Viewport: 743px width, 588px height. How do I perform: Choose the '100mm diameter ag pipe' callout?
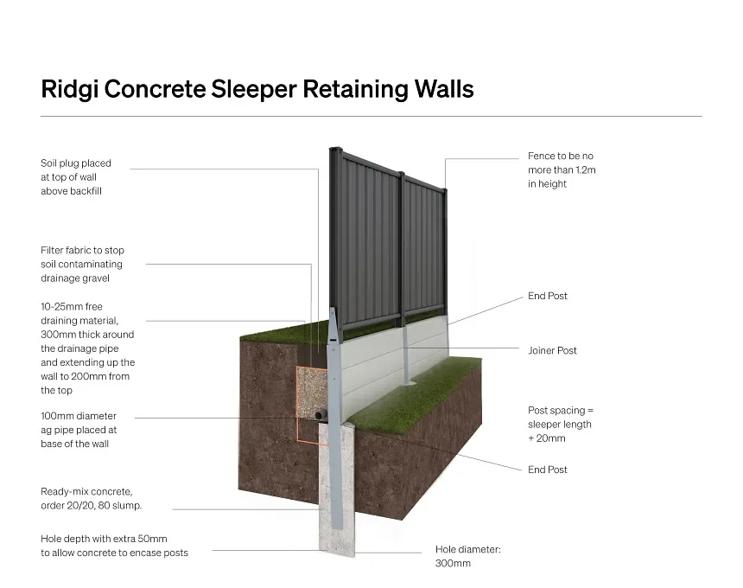[79, 430]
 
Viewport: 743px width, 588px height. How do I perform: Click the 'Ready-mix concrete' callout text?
[91, 498]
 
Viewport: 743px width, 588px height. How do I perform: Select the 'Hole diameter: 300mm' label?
[467, 556]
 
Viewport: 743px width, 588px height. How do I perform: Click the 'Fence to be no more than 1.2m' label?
[562, 170]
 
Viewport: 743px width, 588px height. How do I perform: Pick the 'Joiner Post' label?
[552, 350]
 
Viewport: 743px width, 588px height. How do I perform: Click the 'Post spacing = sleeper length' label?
[561, 424]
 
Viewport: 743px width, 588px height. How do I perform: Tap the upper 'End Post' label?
[548, 296]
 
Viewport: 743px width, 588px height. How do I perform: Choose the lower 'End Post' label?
[548, 470]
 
